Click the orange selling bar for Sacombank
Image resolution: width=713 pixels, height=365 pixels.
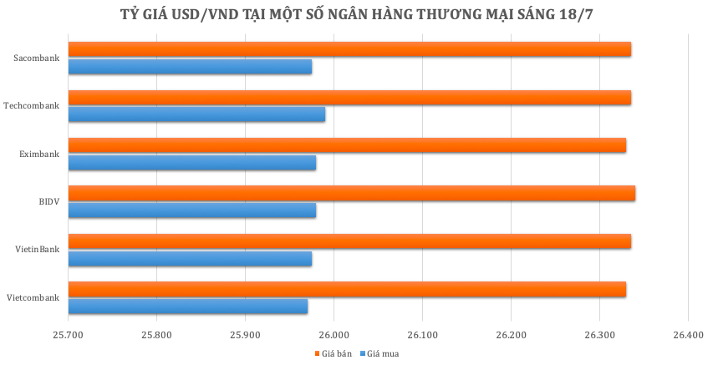click(x=349, y=49)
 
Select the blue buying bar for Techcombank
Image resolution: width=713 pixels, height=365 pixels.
click(x=196, y=114)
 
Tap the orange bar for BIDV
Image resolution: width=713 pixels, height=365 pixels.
click(x=351, y=194)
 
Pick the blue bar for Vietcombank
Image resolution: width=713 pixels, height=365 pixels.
click(x=188, y=307)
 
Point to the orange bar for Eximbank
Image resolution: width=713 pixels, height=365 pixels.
click(x=347, y=145)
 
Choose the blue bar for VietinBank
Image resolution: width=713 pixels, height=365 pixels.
click(x=190, y=259)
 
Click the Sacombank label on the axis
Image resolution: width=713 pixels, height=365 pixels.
click(x=37, y=58)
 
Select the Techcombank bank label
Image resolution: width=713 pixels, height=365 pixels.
click(x=32, y=106)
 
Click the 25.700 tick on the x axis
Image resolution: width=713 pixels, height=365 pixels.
click(x=69, y=334)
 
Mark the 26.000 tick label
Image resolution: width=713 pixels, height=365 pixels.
click(x=334, y=334)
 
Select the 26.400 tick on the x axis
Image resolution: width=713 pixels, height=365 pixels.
click(x=687, y=334)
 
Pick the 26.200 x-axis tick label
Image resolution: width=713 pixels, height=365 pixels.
click(x=511, y=334)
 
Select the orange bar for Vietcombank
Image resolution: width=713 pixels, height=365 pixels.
click(x=347, y=290)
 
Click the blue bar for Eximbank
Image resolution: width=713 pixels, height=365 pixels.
click(x=192, y=163)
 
